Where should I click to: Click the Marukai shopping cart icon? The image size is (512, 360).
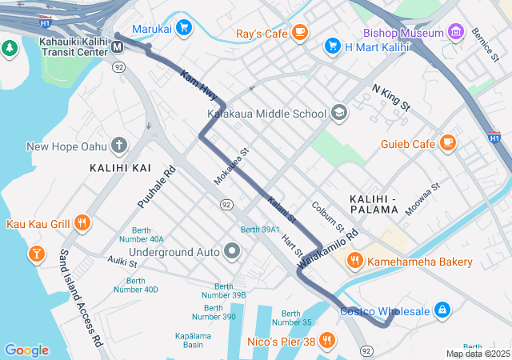click(x=185, y=28)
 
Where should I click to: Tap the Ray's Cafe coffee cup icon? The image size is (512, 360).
click(x=299, y=33)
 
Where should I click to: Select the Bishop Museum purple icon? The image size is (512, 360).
click(x=456, y=33)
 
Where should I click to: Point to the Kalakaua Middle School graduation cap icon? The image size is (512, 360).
click(x=339, y=114)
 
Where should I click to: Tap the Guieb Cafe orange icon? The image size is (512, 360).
click(x=447, y=143)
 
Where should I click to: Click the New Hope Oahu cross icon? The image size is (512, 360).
click(x=119, y=146)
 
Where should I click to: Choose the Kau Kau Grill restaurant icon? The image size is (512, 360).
click(x=82, y=223)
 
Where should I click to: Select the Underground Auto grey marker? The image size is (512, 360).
click(x=233, y=252)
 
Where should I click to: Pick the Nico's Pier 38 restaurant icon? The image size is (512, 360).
click(x=326, y=342)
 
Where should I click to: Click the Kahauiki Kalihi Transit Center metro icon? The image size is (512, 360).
click(x=118, y=46)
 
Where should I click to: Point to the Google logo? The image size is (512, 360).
click(x=26, y=350)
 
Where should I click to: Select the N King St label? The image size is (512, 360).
click(x=390, y=96)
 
